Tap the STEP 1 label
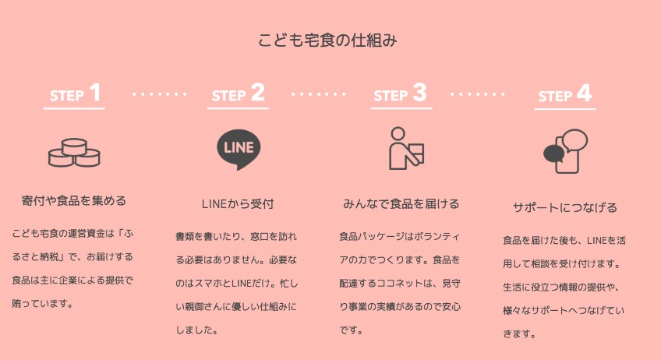coord(75,94)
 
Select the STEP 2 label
coord(238,94)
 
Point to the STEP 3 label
coord(400,94)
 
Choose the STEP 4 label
coord(564,94)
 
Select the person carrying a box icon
coord(405,148)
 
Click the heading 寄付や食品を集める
coord(74,201)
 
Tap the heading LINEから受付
coord(238,204)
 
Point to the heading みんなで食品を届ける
coord(401,204)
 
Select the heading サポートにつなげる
coord(564,207)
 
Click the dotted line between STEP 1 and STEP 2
coord(160,94)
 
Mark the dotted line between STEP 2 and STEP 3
coord(319,94)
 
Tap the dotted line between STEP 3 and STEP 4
coord(478,94)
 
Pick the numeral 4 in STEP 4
coord(584,94)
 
